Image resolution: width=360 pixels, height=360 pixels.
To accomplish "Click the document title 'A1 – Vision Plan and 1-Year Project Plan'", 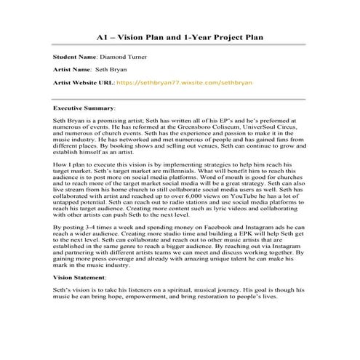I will coord(180,37).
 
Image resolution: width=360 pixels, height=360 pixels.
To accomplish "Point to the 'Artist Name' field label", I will coord(73,69).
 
